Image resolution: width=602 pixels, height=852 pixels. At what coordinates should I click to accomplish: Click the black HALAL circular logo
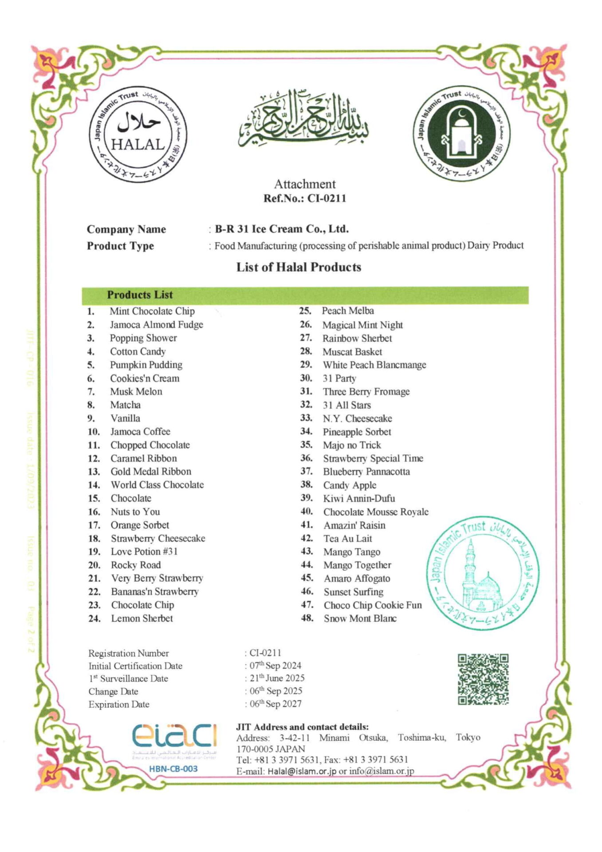pos(138,134)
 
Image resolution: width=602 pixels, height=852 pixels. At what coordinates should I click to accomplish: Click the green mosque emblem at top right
pos(461,134)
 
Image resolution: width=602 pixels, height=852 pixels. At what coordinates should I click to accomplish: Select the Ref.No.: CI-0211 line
pos(304,198)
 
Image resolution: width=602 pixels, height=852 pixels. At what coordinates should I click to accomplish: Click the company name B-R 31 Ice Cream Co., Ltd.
pos(282,229)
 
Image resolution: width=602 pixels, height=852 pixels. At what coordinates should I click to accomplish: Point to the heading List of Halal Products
pos(299,267)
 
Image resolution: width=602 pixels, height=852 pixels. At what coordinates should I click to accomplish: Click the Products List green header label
pos(140,295)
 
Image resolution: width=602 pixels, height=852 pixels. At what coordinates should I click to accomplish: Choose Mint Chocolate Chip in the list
pos(152,311)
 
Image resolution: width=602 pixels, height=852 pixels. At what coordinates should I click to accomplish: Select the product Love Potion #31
pos(144,552)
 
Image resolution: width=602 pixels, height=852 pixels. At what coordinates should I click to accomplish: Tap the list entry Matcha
pos(126,405)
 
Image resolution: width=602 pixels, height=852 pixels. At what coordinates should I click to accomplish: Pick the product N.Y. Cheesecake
pos(357,418)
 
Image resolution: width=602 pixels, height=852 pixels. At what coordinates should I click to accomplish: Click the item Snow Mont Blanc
pos(360,618)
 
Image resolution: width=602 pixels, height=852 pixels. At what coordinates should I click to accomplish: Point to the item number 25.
pos(305,311)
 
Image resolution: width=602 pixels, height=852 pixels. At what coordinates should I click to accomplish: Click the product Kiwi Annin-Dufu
pos(359,498)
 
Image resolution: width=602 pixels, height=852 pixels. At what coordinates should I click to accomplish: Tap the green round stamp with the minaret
pos(483,573)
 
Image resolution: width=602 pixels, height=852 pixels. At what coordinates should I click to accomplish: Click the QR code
pos(483,679)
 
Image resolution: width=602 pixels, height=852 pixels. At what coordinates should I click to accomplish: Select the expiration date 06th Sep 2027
pos(275,704)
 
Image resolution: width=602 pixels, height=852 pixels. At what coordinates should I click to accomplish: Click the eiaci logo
pos(173,736)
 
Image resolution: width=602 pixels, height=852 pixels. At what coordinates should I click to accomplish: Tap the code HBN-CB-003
pos(173,769)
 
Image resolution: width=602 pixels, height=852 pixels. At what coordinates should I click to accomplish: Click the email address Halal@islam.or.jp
pos(301,771)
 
